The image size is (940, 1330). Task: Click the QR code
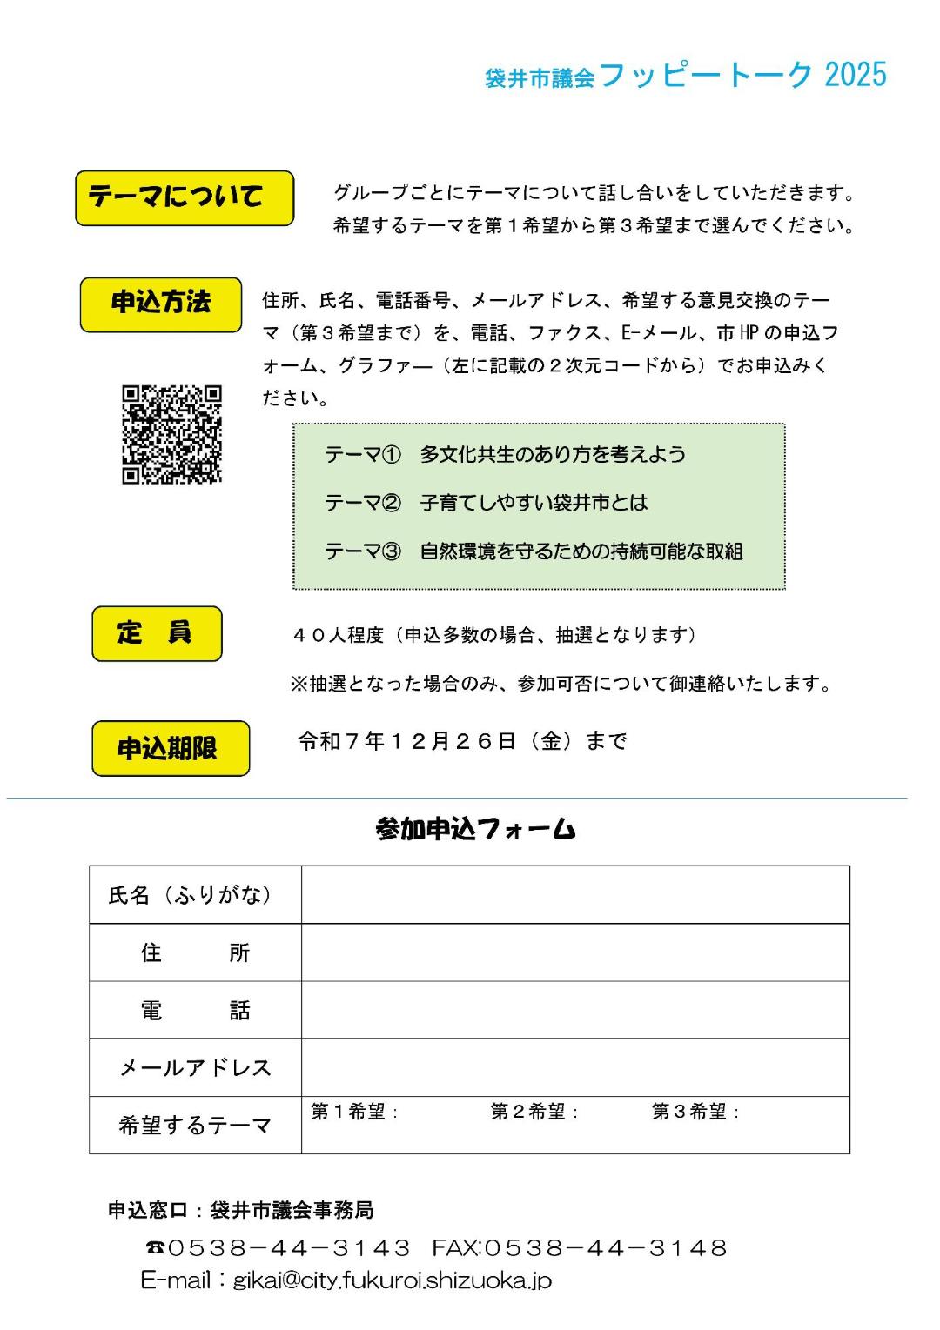(x=171, y=434)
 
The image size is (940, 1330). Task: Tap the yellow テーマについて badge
(x=185, y=198)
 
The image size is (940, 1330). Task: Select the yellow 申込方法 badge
(x=161, y=304)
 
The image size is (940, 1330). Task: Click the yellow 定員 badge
(x=157, y=633)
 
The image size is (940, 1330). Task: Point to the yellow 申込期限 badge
(x=171, y=748)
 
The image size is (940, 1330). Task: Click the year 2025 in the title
(x=855, y=76)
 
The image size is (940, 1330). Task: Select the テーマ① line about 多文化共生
(x=505, y=455)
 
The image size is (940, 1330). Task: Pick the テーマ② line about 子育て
(x=486, y=503)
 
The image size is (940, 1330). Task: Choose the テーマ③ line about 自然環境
(x=534, y=551)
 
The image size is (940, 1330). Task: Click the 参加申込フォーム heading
(x=475, y=829)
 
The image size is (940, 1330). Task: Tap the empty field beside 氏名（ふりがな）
(x=574, y=894)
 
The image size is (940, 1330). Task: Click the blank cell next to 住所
(x=574, y=952)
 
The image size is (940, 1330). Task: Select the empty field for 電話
(x=574, y=1010)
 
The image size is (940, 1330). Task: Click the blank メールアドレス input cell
(x=574, y=1067)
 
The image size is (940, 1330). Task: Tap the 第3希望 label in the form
(x=695, y=1112)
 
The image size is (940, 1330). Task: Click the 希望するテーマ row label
(x=195, y=1126)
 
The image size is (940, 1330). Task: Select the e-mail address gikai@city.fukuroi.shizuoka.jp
(x=392, y=1280)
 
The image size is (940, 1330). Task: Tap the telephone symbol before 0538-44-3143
(x=155, y=1249)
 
